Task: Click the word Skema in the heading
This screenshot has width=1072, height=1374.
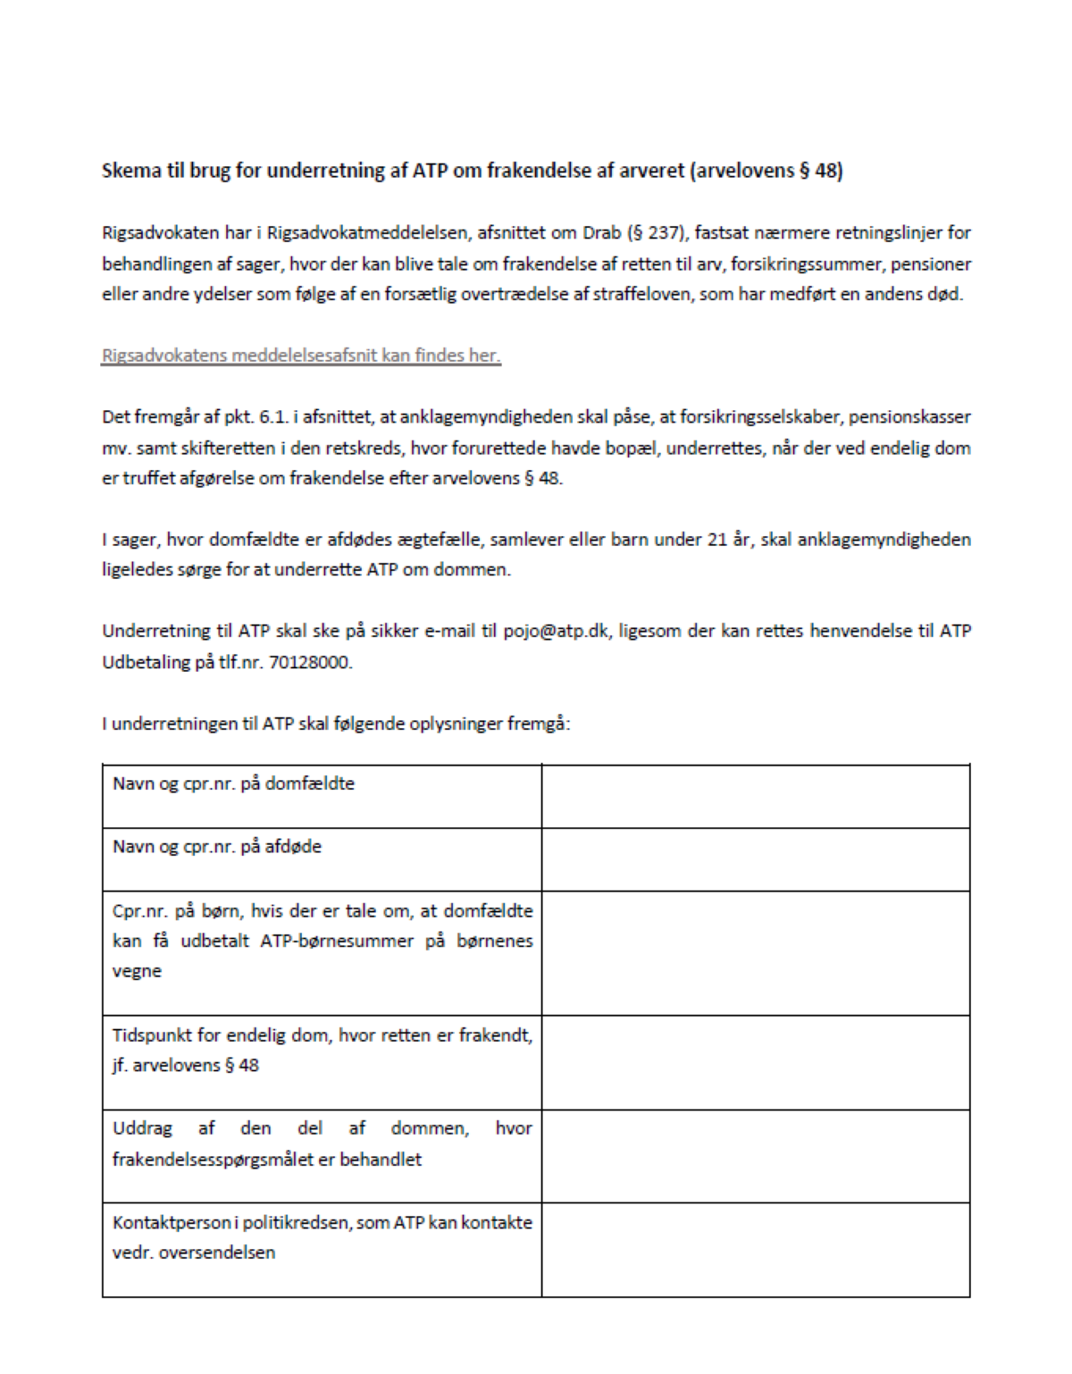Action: (130, 171)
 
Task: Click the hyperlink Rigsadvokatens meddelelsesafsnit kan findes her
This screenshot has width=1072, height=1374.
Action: (301, 356)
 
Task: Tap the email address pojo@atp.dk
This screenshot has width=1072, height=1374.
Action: (556, 631)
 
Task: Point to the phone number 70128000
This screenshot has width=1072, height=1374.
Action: (310, 662)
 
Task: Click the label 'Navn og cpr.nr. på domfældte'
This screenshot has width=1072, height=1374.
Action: (233, 783)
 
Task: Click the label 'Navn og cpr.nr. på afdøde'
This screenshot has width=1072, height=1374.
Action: (217, 846)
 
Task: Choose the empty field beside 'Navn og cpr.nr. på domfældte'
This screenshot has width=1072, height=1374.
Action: (755, 796)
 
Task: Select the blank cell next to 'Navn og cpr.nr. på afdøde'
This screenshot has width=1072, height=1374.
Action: (755, 859)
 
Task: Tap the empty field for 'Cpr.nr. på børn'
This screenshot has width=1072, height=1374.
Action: (755, 952)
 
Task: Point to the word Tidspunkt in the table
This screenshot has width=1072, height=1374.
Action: (151, 1035)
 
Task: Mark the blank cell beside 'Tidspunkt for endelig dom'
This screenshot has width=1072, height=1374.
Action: (755, 1062)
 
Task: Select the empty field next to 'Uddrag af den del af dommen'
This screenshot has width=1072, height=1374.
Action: (755, 1156)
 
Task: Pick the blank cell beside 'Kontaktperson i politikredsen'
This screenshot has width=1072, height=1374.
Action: (755, 1249)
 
